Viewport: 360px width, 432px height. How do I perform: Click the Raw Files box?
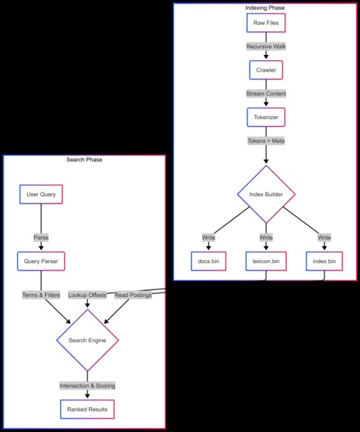click(266, 23)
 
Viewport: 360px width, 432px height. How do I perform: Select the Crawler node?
click(266, 70)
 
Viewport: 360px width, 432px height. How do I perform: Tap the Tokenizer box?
click(266, 118)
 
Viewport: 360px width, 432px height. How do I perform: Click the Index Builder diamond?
click(266, 195)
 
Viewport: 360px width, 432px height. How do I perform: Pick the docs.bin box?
click(208, 262)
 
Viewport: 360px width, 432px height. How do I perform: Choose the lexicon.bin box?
click(266, 262)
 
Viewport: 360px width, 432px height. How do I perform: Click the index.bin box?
click(324, 262)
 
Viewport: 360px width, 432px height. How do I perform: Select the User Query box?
click(41, 195)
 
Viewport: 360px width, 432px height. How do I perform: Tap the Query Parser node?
click(41, 262)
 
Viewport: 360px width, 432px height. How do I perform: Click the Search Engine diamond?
click(87, 341)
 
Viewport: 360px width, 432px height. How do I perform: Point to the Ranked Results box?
click(87, 409)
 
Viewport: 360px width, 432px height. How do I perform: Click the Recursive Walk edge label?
click(266, 47)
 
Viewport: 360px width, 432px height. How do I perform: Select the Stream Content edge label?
click(266, 94)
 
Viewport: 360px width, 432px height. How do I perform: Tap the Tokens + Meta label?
click(266, 141)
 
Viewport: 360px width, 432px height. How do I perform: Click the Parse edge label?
click(41, 237)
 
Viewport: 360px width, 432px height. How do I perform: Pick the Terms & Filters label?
click(41, 295)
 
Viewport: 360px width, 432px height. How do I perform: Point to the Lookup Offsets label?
click(88, 295)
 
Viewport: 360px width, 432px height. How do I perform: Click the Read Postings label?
click(133, 295)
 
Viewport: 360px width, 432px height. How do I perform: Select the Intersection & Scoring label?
click(87, 385)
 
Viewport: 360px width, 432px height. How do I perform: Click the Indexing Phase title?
click(266, 8)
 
